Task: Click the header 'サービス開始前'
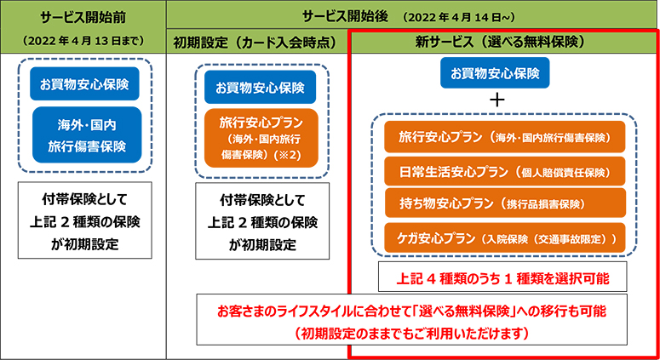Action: (x=83, y=17)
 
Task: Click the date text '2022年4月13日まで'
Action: (x=83, y=41)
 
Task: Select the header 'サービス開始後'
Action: (x=345, y=17)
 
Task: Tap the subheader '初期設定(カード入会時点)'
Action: (x=255, y=43)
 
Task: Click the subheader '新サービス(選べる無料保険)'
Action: (x=500, y=42)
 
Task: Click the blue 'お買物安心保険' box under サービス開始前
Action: (x=84, y=83)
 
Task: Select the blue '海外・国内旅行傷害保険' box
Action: (x=87, y=135)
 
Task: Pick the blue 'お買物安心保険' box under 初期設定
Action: (x=260, y=87)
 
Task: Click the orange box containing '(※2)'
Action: (x=261, y=139)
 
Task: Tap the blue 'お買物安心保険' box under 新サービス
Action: (x=495, y=72)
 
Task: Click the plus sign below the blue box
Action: (x=497, y=100)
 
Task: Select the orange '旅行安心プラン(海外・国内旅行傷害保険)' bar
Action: (x=505, y=137)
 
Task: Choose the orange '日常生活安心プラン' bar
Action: (x=505, y=172)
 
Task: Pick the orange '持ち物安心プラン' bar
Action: (x=505, y=203)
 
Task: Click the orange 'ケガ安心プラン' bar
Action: (x=505, y=238)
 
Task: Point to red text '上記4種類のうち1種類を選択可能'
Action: (x=502, y=278)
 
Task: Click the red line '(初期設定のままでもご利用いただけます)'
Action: (x=411, y=334)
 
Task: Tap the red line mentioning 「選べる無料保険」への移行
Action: (x=411, y=311)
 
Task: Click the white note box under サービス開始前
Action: (x=84, y=220)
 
